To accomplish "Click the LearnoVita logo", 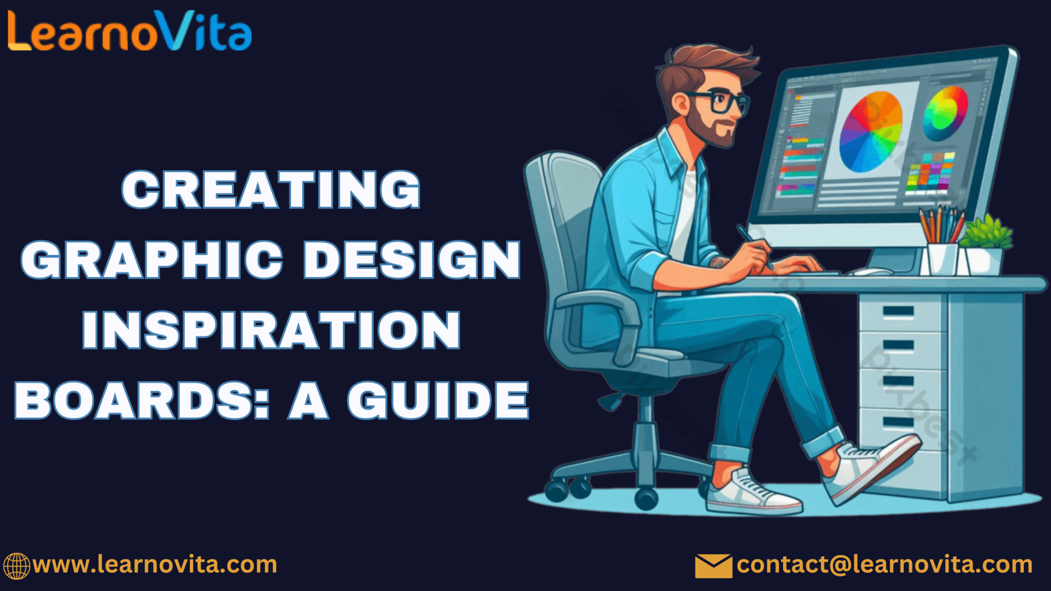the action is click(x=129, y=31).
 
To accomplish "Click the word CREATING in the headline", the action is click(x=271, y=190).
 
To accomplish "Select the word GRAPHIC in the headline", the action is click(x=152, y=260).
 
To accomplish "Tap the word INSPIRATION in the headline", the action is click(x=271, y=330).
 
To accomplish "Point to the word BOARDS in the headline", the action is click(x=142, y=400).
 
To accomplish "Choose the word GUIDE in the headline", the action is click(x=438, y=400).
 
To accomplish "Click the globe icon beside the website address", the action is click(x=16, y=565).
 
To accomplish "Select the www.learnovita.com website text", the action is click(x=155, y=564).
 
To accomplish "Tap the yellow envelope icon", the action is click(x=713, y=565).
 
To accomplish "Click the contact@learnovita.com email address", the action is click(x=885, y=565).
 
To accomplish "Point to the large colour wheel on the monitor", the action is click(x=871, y=132).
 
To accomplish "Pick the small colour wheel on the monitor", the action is click(x=945, y=114).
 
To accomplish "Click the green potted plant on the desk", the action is click(x=985, y=246).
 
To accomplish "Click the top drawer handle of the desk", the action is click(x=898, y=311).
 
